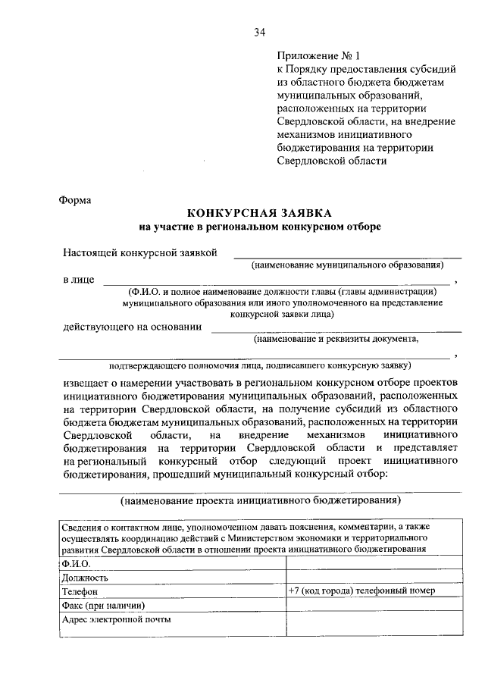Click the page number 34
(260, 31)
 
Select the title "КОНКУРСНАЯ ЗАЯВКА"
(260, 214)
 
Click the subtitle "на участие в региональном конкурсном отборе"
(260, 227)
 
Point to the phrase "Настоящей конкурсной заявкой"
(141, 252)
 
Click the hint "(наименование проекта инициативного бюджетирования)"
(260, 500)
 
